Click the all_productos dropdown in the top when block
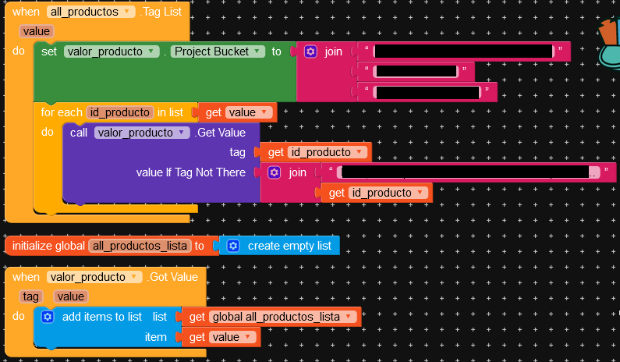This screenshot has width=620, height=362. [x=91, y=12]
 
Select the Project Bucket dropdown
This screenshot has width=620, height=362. [x=215, y=51]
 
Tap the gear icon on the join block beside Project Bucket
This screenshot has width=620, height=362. [x=310, y=51]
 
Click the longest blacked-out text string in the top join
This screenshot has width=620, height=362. [x=463, y=51]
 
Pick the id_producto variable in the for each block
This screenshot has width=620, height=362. [x=119, y=112]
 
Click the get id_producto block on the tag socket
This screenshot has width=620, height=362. [x=315, y=152]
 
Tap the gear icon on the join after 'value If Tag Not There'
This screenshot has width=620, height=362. [x=275, y=172]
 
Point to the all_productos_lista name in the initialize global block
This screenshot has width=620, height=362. [x=140, y=246]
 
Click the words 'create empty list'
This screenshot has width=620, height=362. [x=289, y=246]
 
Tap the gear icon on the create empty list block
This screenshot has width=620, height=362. [x=233, y=246]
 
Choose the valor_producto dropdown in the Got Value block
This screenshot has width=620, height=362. [x=95, y=277]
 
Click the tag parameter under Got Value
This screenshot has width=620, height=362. [x=31, y=296]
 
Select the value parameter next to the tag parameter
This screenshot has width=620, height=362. [x=70, y=296]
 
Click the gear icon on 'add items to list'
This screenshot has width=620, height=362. [x=47, y=317]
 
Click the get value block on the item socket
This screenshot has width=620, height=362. [x=221, y=337]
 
